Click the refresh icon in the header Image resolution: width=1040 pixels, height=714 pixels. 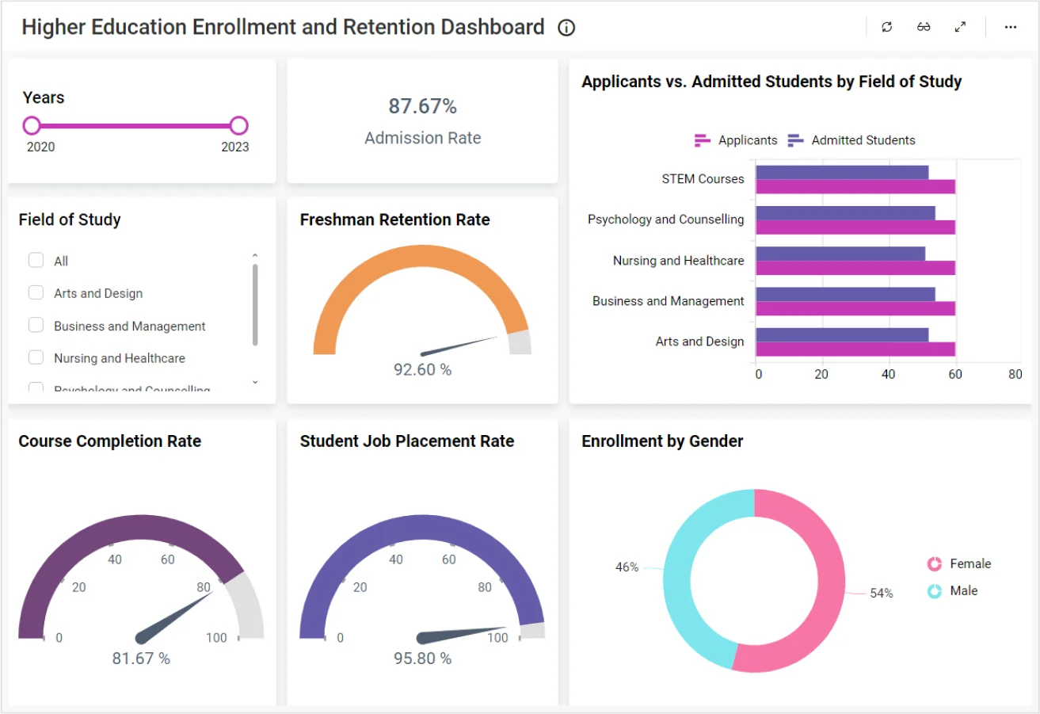887,27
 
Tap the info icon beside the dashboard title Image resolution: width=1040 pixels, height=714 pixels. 566,28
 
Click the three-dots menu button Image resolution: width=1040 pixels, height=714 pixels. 1010,27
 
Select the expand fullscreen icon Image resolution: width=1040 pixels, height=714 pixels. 960,27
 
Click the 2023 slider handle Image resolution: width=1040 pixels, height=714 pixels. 238,125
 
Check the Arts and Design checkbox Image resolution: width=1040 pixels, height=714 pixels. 36,292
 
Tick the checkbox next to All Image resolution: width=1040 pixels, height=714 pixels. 36,260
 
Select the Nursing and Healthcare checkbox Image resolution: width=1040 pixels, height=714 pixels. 36,357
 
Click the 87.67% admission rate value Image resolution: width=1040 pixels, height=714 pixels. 422,106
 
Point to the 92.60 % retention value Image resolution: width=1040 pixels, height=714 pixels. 422,369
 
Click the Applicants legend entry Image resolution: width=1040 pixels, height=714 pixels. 736,140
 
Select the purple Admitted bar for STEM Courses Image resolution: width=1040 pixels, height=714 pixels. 841,172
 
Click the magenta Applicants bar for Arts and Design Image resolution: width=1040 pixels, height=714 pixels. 855,349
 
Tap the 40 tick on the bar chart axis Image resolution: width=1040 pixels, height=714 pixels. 888,375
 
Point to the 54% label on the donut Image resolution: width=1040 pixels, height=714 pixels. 881,593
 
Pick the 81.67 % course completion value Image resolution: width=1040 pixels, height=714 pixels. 141,659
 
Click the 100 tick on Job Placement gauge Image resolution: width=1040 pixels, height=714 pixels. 497,638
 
